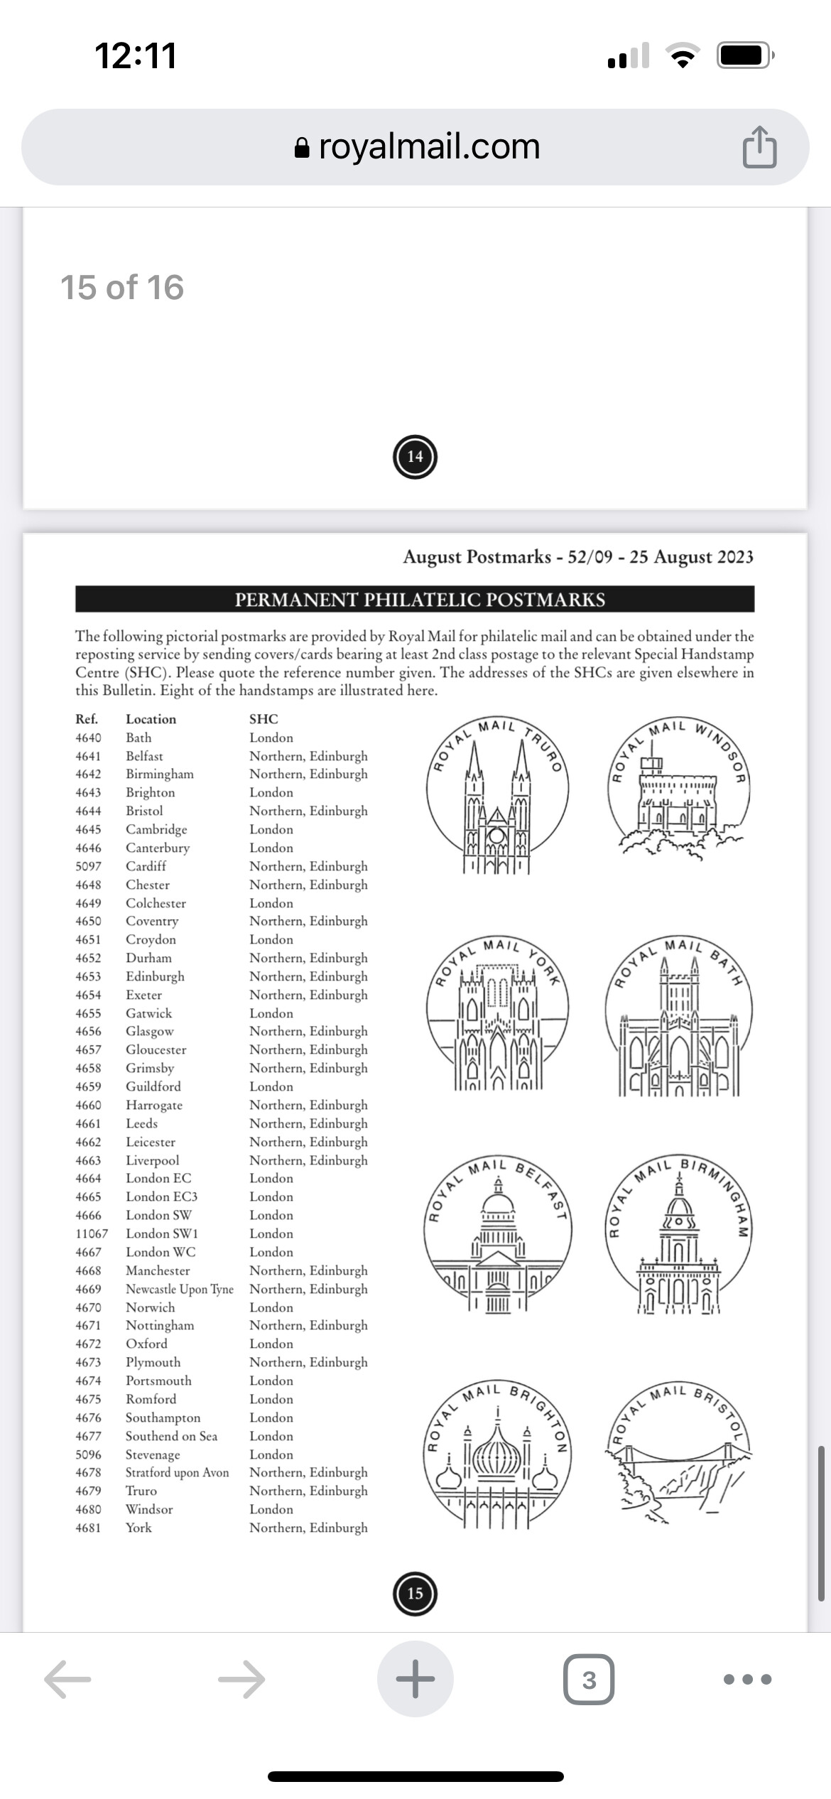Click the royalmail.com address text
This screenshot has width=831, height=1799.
point(429,146)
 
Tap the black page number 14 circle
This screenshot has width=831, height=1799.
point(415,457)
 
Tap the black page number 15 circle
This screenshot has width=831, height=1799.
point(415,1593)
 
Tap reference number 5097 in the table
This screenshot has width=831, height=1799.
point(88,866)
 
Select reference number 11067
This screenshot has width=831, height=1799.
point(92,1233)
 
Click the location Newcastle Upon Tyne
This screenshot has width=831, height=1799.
point(179,1289)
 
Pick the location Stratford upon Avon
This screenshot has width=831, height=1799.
point(177,1472)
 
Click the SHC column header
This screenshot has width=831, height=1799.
point(264,719)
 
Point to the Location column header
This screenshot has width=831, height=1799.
point(151,719)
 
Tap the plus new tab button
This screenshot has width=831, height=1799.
point(415,1679)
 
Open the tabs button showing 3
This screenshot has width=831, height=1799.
point(589,1680)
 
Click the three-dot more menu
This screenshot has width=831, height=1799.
point(747,1680)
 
